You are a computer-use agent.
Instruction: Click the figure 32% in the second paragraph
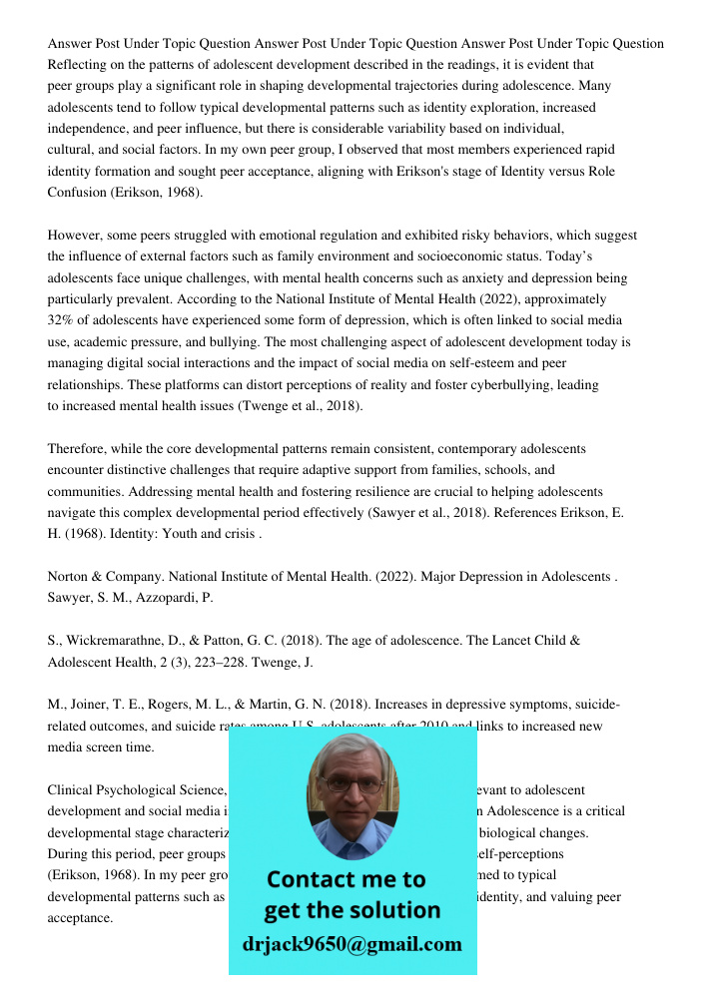61,320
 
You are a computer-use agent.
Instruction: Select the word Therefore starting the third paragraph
79,449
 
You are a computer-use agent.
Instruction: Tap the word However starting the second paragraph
76,236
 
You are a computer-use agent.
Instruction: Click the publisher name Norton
70,577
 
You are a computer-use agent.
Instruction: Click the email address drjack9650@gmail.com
352,944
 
